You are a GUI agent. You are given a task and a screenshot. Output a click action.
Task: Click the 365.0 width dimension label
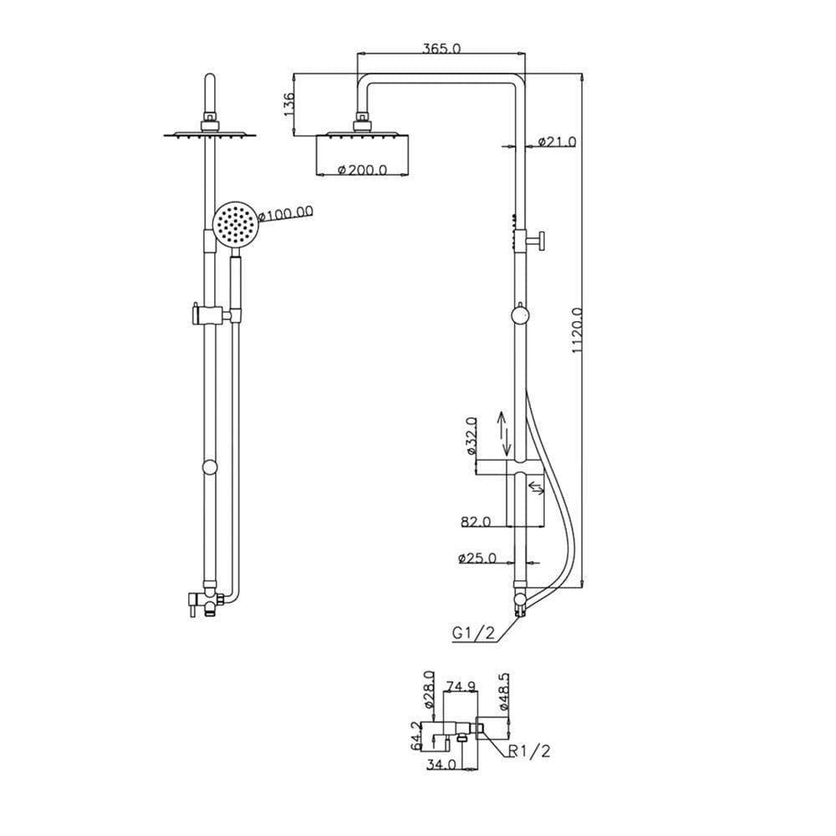(x=441, y=48)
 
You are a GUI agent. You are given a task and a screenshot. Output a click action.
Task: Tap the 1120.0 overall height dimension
(x=578, y=330)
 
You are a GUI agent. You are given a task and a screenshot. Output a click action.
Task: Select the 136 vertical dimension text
(x=288, y=104)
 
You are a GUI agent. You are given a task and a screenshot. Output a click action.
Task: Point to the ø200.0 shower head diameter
(x=363, y=170)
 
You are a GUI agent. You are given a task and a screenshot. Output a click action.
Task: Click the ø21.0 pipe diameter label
(x=557, y=142)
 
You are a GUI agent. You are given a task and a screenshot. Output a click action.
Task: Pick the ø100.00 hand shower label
(x=285, y=214)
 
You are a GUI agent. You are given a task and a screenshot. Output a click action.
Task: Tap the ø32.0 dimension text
(x=471, y=436)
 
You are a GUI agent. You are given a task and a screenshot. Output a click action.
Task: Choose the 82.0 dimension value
(x=476, y=522)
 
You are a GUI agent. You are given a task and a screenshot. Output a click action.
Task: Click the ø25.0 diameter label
(x=477, y=558)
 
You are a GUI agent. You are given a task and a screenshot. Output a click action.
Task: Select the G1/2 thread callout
(x=473, y=633)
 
